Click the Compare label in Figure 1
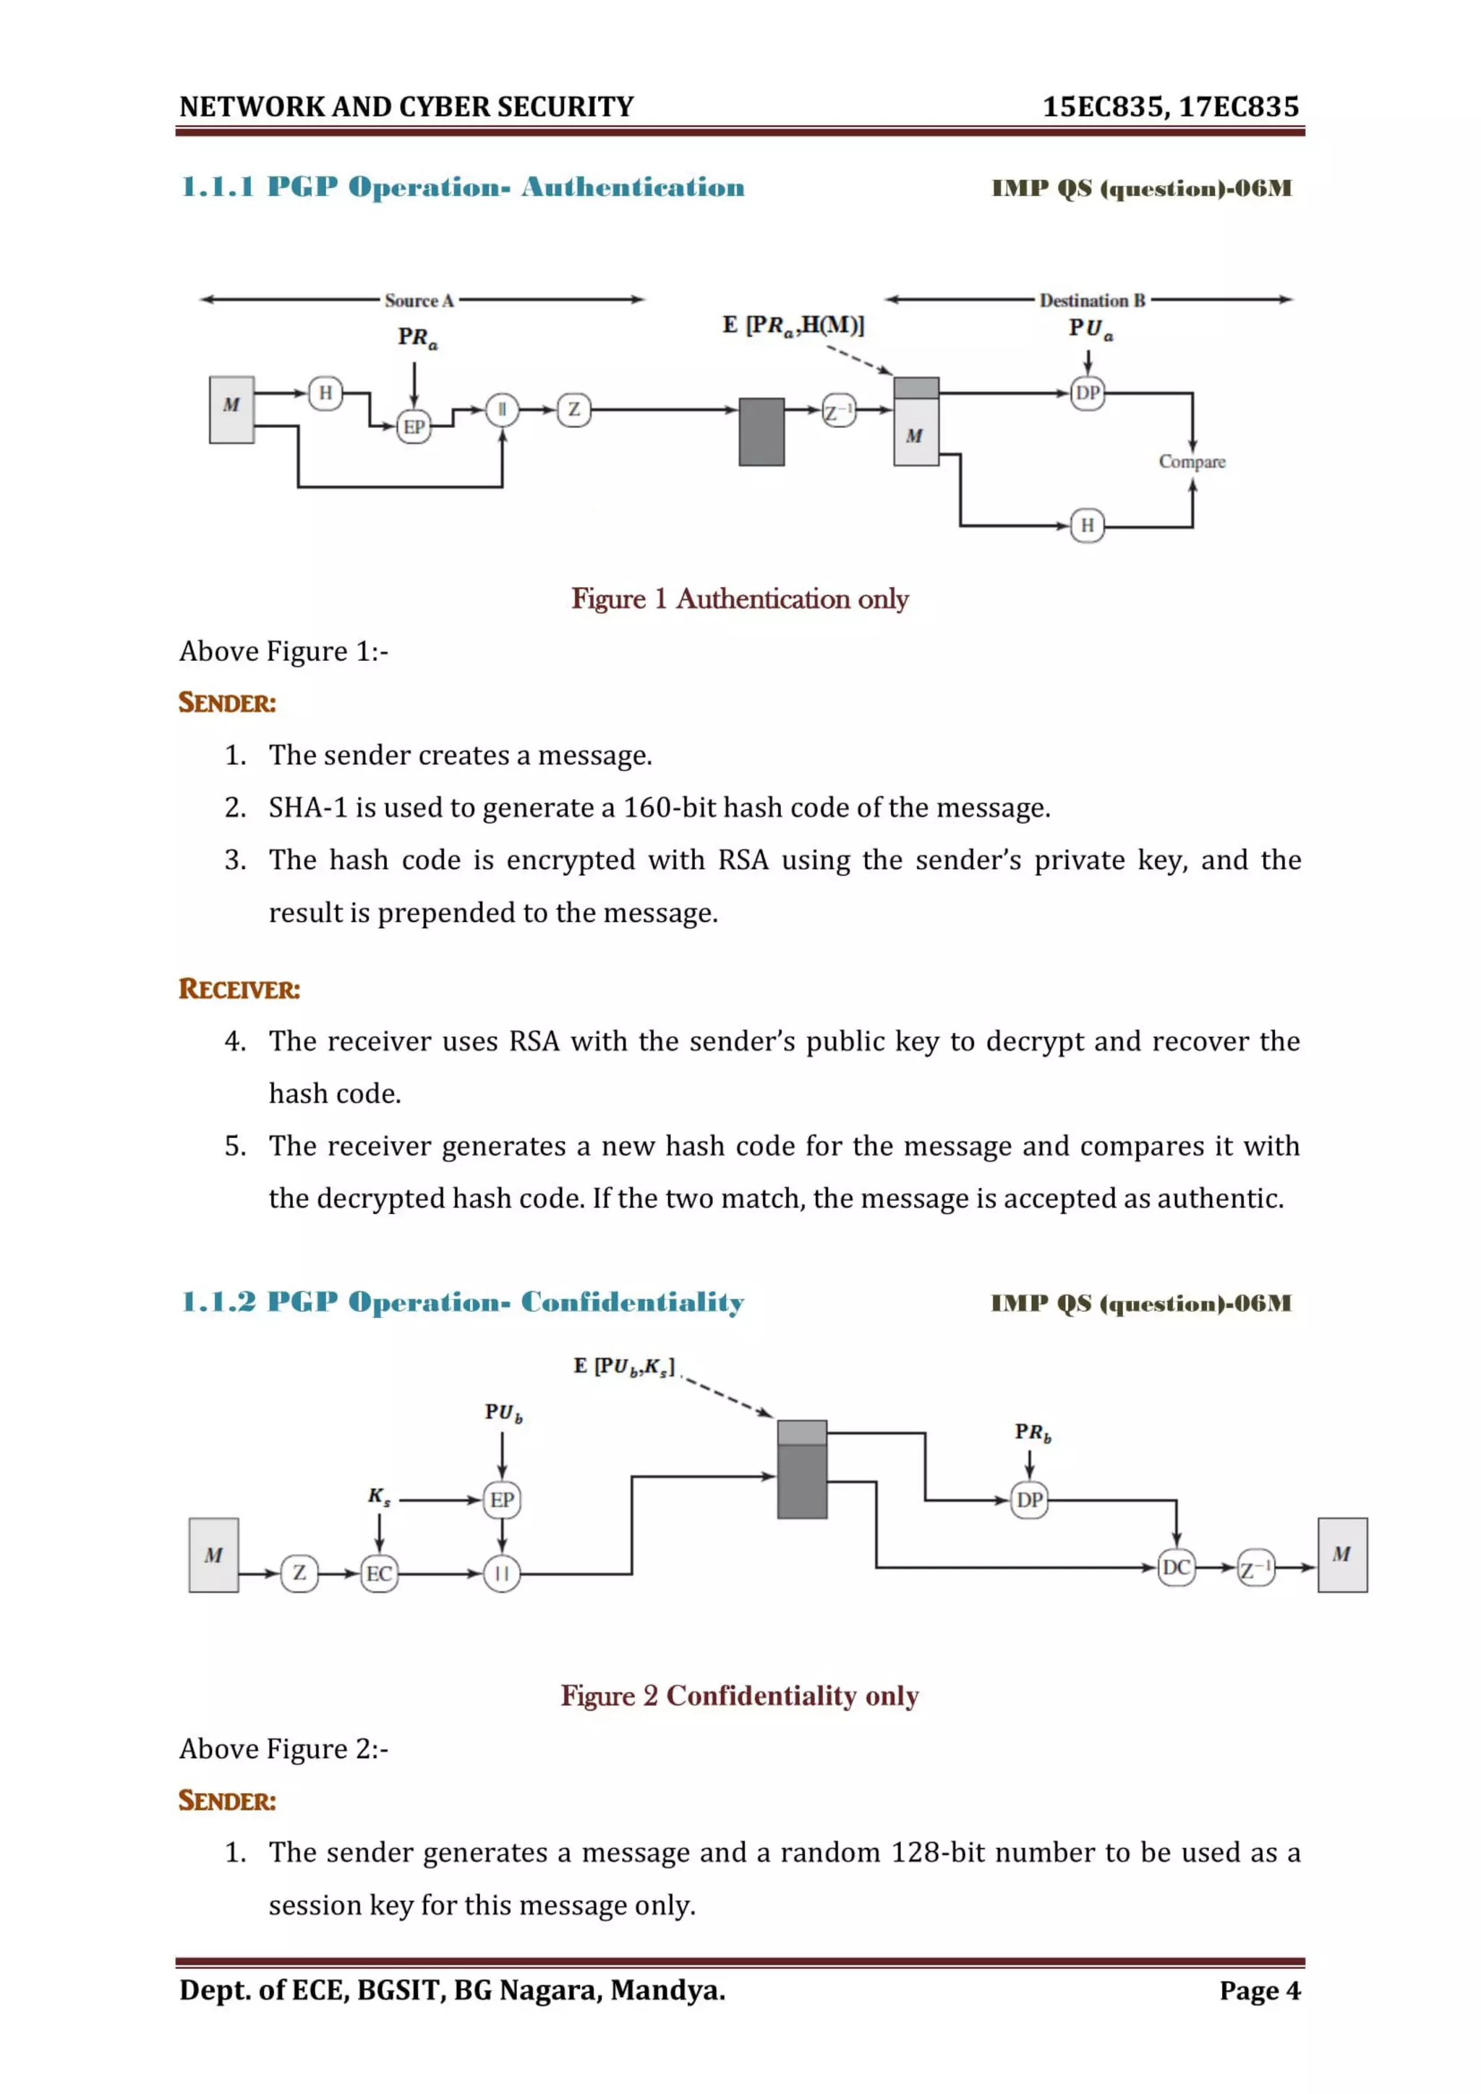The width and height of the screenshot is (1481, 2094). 1192,461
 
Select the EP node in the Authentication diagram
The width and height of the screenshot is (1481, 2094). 414,427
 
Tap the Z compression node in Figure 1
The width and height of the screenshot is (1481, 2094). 573,409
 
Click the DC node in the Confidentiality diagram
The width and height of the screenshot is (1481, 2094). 1176,1568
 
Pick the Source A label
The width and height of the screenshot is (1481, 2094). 419,300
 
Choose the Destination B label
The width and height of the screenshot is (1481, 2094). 1092,300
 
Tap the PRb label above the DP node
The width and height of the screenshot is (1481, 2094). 1033,1433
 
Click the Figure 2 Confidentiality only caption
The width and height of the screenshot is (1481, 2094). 740,1696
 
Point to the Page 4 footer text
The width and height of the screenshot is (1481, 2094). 1260,1990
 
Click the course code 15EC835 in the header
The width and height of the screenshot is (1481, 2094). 1101,107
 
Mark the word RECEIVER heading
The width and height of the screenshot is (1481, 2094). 239,990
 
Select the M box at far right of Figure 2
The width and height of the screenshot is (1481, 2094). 1341,1555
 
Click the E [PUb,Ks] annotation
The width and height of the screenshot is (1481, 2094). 625,1366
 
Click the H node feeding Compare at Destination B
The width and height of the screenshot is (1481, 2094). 1087,526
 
